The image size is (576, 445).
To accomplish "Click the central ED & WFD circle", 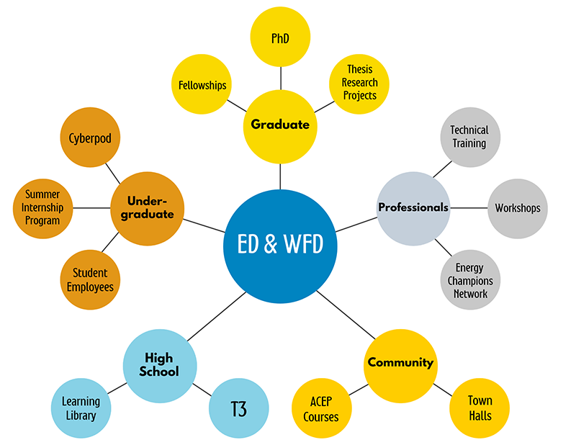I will [280, 244].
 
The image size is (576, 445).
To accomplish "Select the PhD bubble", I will [280, 37].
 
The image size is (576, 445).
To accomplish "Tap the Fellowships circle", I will [202, 85].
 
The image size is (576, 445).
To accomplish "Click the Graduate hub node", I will [280, 125].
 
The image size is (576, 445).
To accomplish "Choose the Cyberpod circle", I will [90, 138].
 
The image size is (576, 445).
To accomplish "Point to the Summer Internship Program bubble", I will [42, 207].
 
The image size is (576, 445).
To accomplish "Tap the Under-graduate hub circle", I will [146, 208].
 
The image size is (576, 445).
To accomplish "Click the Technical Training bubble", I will [469, 136].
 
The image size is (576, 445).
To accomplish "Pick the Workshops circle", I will [517, 208].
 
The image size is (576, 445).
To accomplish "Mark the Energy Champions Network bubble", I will [469, 280].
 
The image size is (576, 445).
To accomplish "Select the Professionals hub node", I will [413, 208].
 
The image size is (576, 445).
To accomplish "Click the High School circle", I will [159, 366].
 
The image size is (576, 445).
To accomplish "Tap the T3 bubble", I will [238, 410].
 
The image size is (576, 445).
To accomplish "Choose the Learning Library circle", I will [81, 409].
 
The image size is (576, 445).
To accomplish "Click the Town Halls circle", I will [480, 408].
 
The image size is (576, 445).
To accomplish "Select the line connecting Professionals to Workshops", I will [469, 208].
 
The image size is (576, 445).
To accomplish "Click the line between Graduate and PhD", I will [280, 77].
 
